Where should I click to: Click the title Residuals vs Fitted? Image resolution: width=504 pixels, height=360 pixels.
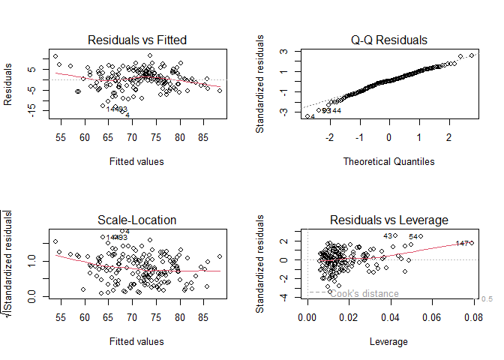pos(136,40)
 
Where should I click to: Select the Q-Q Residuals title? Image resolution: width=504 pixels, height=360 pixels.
pos(388,40)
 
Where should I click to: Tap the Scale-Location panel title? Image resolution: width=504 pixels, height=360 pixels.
pos(136,220)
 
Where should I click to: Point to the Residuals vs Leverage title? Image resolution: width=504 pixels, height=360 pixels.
pos(388,220)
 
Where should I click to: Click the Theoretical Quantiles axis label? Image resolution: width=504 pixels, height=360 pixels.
pos(388,161)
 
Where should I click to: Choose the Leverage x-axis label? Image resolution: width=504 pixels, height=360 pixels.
pos(388,341)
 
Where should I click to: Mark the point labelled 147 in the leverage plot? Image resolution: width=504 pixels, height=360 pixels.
pos(471,242)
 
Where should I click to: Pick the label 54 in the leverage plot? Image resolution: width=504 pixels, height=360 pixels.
pos(413,237)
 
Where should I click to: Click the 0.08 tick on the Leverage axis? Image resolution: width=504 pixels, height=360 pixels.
pos(471,318)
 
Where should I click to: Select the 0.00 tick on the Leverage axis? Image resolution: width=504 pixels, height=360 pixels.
pos(307,318)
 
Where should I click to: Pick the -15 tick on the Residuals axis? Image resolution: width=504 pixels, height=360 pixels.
pos(31,107)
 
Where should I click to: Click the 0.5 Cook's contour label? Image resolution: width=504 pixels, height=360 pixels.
pos(486,298)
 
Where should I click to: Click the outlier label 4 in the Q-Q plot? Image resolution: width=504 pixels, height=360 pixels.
pos(312,117)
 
